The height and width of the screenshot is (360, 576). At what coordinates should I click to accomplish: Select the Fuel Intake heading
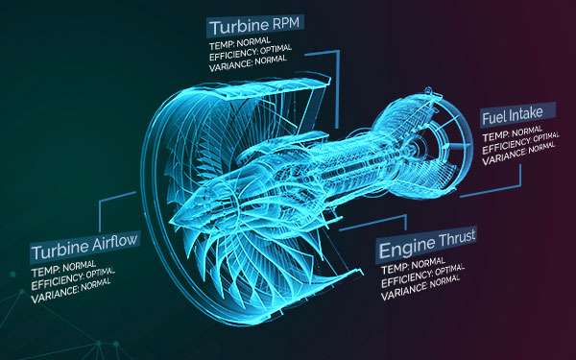[512, 113]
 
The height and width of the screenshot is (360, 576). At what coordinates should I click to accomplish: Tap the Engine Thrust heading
[426, 239]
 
